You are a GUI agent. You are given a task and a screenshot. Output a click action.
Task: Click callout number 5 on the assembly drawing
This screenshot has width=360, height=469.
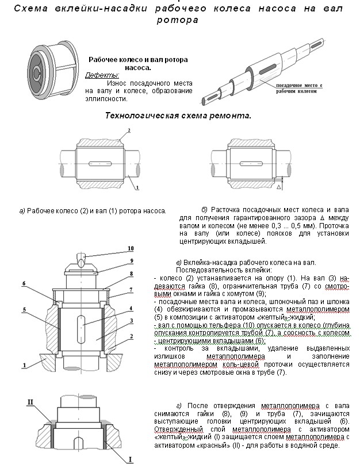25,309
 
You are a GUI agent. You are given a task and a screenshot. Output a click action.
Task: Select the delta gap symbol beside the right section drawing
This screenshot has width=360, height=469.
277,187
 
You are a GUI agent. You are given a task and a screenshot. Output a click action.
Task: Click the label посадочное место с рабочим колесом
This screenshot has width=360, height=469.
299,87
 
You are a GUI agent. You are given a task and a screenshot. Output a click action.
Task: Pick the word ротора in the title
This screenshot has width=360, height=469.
179,20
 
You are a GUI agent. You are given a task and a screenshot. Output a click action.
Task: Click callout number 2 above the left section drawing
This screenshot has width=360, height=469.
129,131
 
